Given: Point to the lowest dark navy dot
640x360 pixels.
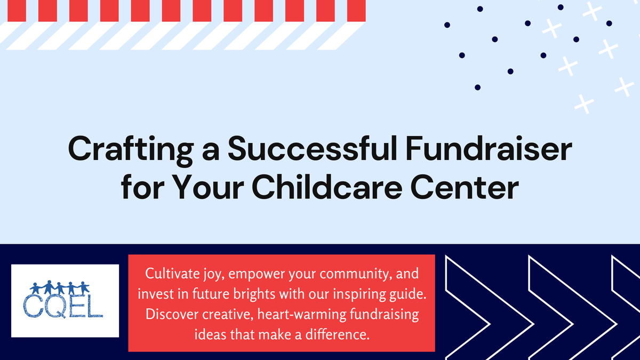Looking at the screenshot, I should point(477,87).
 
